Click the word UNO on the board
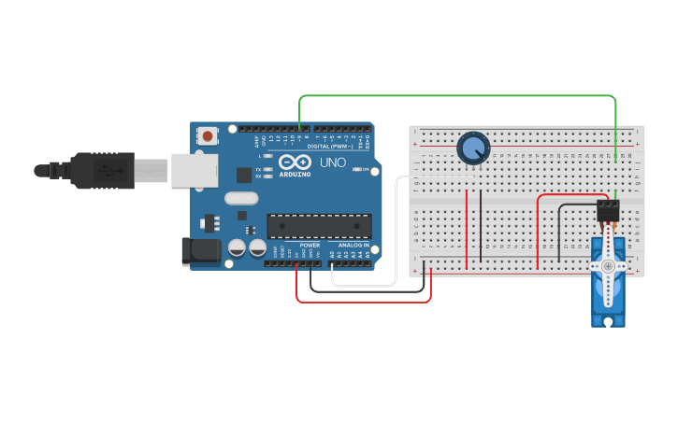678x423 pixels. tap(334, 162)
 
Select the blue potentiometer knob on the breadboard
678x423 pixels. tap(473, 148)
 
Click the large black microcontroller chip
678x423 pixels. tap(319, 225)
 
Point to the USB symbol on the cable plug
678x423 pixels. tap(114, 169)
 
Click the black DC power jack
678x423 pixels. tap(200, 250)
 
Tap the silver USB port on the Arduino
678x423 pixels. tap(195, 170)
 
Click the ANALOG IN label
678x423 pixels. tap(353, 245)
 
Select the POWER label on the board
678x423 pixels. tap(310, 245)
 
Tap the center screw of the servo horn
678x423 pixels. tap(609, 267)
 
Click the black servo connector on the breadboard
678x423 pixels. tap(609, 211)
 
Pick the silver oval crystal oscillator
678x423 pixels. tap(240, 198)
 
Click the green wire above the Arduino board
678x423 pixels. tap(458, 96)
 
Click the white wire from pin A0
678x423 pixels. tap(365, 286)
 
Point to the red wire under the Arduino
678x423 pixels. tap(365, 302)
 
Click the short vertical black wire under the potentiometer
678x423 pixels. tap(481, 224)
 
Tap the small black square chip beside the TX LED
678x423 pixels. tap(244, 174)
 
